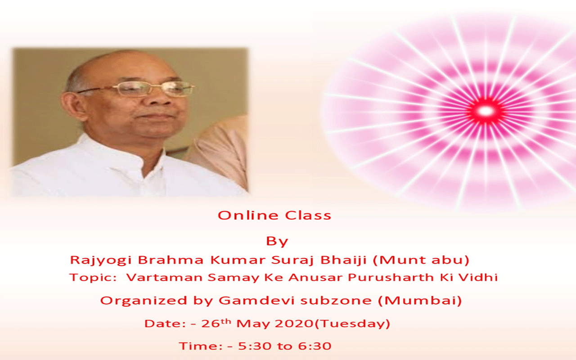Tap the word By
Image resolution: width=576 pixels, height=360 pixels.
pos(277,242)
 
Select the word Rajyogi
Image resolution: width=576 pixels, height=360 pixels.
pos(101,260)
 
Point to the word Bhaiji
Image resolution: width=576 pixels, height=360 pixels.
pos(343,260)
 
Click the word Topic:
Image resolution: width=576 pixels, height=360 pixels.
pos(93,278)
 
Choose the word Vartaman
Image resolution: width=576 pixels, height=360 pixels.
pos(164,278)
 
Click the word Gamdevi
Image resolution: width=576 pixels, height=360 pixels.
pos(256,300)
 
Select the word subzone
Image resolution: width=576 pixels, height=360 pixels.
pos(336,300)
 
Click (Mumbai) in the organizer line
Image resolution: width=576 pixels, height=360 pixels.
pos(420,301)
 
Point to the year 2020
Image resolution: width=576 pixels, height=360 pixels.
pos(294,324)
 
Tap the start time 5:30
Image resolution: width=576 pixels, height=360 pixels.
pos(255,346)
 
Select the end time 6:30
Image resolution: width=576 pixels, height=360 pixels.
pos(315,346)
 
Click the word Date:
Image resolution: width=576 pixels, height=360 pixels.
pos(165,324)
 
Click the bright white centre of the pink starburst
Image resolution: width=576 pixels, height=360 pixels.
pos(485,111)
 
